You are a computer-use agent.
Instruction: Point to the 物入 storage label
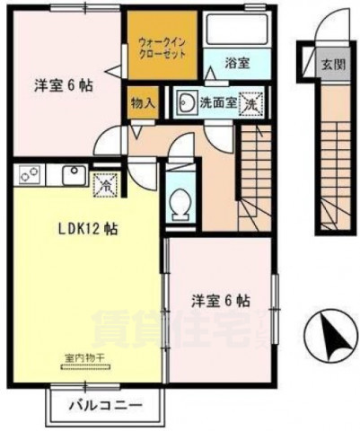(144, 102)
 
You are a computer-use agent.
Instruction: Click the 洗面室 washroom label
(218, 101)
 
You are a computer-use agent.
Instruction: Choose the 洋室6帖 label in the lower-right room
(219, 299)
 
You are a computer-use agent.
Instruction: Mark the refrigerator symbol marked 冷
(105, 186)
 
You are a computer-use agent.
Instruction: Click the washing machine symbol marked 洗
(252, 101)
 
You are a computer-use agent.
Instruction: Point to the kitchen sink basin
(72, 173)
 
